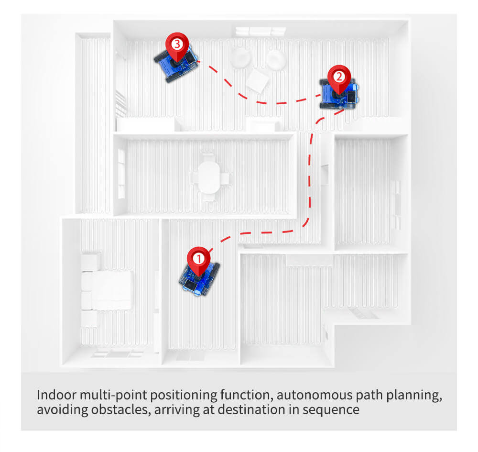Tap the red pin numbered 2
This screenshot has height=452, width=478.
(x=339, y=77)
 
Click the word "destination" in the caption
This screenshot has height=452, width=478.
(x=244, y=410)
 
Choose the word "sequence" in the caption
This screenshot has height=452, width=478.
(x=334, y=410)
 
